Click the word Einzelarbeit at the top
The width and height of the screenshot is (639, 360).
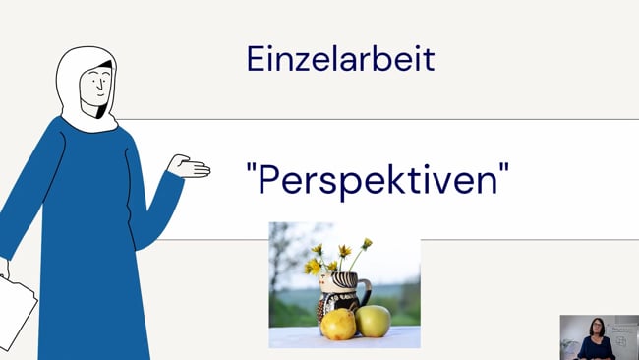(x=340, y=59)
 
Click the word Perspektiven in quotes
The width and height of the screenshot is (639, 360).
(x=378, y=179)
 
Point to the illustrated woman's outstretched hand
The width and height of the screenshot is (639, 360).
(x=190, y=167)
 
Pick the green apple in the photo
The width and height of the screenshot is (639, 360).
(x=373, y=320)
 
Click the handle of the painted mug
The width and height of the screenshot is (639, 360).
(x=366, y=293)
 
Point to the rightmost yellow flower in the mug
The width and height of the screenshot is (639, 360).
(x=366, y=243)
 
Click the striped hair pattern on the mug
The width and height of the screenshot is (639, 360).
(x=344, y=280)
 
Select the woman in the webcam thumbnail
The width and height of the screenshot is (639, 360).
(x=595, y=339)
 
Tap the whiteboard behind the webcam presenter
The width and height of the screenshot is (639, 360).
(x=622, y=335)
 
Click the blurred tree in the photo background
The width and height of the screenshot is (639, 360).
(x=285, y=251)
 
